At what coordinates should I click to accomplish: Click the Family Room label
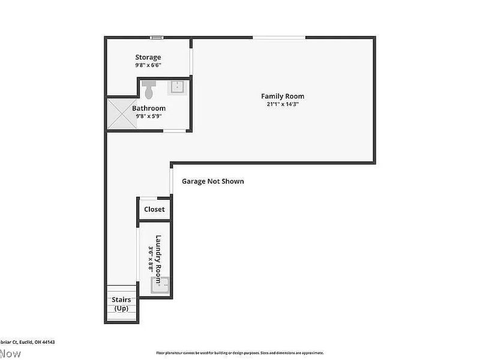[282, 96]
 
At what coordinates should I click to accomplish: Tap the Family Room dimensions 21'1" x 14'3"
[282, 104]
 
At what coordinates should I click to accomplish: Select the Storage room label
[148, 58]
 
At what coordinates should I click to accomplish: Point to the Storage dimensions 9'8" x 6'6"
[148, 65]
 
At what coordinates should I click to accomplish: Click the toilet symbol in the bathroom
[149, 91]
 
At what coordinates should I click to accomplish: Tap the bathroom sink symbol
[178, 88]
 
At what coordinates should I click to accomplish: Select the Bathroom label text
[149, 108]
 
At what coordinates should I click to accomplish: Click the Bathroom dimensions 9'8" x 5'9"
[149, 116]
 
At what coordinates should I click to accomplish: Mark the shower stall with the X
[122, 114]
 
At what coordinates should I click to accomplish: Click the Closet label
[154, 209]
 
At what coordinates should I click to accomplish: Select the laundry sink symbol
[160, 286]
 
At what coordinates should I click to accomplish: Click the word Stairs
[121, 300]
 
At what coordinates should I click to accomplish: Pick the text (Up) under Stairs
[121, 308]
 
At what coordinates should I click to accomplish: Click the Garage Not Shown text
[213, 181]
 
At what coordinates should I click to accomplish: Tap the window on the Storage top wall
[156, 38]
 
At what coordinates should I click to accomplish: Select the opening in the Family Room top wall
[278, 38]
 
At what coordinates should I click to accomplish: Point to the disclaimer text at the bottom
[240, 353]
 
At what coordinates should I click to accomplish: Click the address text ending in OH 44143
[26, 342]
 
